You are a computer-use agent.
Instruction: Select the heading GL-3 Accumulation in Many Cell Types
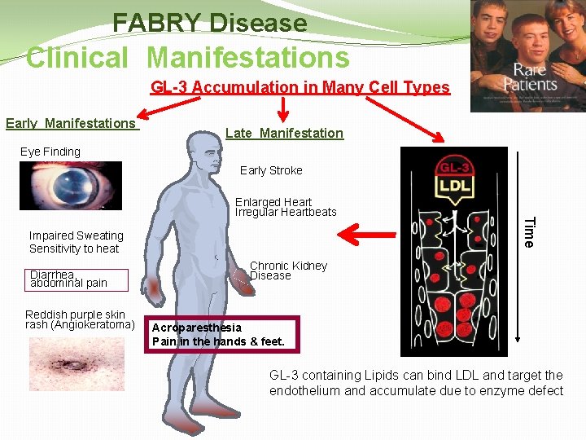coord(300,87)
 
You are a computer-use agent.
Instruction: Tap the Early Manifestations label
coord(72,123)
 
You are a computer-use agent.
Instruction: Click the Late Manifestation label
coord(284,133)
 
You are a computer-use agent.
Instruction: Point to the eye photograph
coord(72,186)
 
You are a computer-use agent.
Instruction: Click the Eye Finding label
coord(50,152)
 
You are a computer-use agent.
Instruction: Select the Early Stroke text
coord(271,170)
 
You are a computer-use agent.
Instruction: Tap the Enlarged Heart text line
coord(273,202)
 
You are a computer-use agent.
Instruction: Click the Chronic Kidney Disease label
coord(288,271)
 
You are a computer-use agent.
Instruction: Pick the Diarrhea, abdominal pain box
coord(68,279)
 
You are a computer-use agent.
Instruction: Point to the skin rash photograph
coord(76,363)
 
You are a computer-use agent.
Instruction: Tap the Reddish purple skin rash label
coord(79,319)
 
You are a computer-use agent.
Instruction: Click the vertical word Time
coord(528,231)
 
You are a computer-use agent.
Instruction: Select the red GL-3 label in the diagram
coord(457,167)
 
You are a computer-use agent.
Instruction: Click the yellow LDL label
coord(457,186)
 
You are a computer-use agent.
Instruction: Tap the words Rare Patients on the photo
coord(530,77)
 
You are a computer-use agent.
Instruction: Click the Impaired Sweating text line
coord(77,235)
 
